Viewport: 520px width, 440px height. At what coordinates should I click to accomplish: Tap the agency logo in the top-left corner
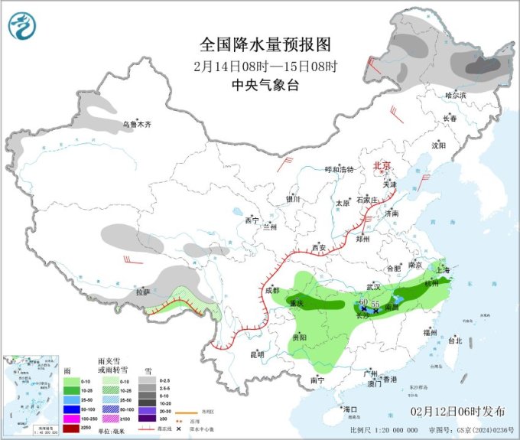pos(23,27)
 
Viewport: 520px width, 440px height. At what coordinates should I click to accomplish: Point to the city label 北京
pos(380,166)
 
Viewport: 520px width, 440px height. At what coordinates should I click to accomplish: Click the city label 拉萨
pos(143,293)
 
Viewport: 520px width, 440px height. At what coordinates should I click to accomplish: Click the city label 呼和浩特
pos(339,169)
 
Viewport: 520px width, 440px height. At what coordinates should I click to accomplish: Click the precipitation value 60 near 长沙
pos(364,304)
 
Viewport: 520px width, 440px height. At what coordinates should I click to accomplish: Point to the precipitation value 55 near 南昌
pos(375,305)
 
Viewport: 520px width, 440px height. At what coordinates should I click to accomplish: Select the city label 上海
pos(441,270)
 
